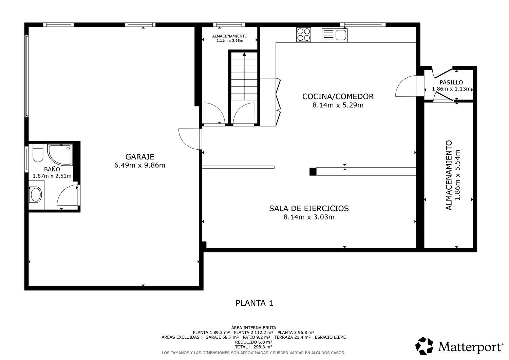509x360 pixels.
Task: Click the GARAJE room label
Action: [140, 157]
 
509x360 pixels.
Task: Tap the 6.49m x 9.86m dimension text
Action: [140, 166]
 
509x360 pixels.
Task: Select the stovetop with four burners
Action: [303, 34]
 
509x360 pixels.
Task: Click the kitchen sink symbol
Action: [335, 35]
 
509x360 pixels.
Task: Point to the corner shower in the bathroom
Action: [60, 154]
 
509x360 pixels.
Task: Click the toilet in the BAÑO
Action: [38, 153]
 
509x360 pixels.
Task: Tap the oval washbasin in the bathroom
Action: [36, 195]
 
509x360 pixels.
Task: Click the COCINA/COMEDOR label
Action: [338, 96]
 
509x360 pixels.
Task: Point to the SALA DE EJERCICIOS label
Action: [309, 208]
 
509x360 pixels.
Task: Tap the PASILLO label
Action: [451, 82]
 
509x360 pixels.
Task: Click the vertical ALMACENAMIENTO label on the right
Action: [449, 175]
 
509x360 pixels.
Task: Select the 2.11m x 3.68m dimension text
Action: [230, 40]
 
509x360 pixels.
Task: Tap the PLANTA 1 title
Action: [254, 303]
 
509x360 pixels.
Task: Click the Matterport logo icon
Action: [425, 346]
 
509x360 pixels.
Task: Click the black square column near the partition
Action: [313, 172]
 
